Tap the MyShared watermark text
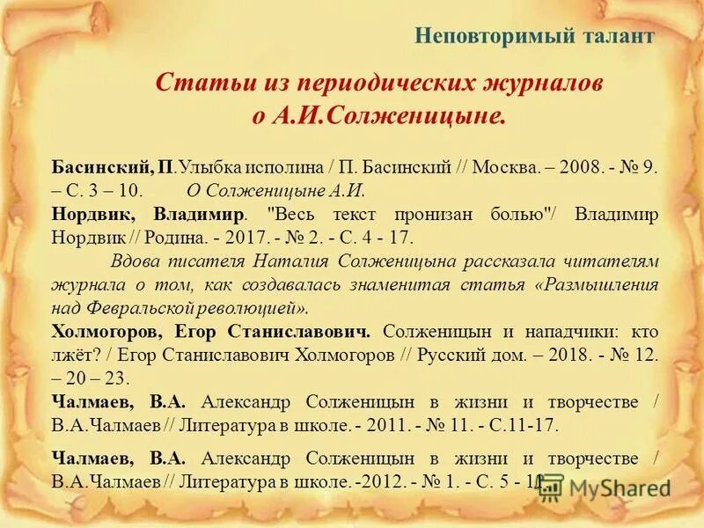[620, 489]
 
